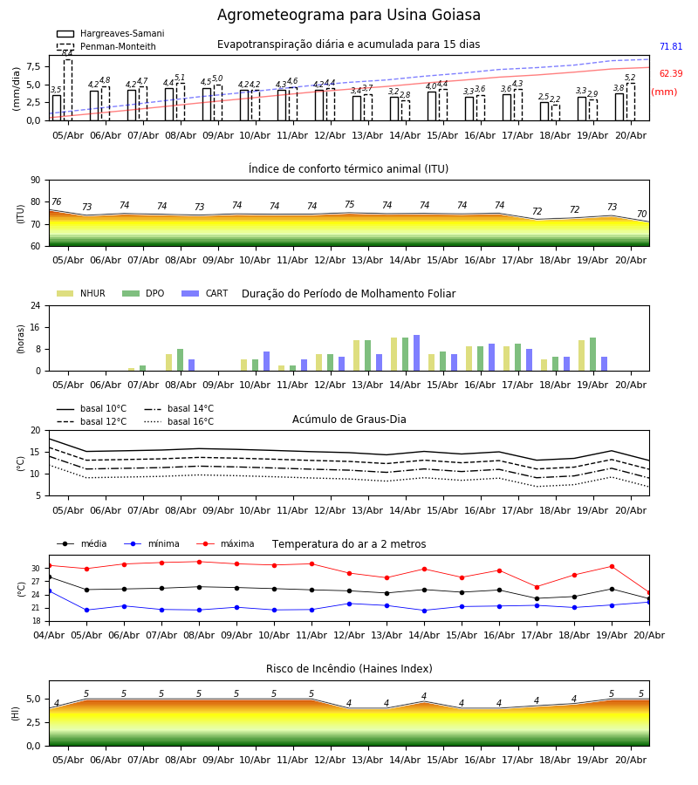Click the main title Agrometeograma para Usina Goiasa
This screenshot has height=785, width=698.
point(348,15)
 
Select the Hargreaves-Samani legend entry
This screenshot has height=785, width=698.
point(111,33)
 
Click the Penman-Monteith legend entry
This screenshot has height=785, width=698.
point(106,46)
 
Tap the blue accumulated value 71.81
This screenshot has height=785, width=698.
point(671,46)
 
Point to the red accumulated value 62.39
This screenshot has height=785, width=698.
point(671,73)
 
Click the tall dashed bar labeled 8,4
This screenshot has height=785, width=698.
point(68,90)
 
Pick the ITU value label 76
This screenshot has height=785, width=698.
point(56,201)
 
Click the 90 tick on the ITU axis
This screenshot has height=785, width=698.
point(36,181)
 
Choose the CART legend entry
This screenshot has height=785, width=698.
point(205,293)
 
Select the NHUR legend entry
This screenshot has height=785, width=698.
point(81,293)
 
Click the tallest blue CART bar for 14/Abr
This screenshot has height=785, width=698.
point(416,353)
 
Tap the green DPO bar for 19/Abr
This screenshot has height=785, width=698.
point(592,354)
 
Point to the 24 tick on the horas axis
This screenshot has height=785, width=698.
point(36,305)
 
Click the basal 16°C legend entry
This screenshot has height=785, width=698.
point(179,421)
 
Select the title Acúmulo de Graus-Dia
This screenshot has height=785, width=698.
point(349,420)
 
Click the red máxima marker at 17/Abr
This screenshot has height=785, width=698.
point(537,587)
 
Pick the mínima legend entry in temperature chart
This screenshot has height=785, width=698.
point(152,543)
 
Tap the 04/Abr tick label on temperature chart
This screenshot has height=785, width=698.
point(49,635)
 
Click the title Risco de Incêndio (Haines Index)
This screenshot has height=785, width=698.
point(349,669)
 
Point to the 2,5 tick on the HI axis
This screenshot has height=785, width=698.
point(34,722)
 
